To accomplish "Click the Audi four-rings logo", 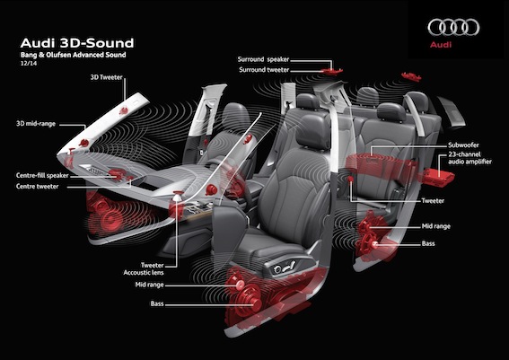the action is (453, 27).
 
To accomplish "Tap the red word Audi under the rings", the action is (441, 45).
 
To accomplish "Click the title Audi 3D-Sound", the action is (77, 43).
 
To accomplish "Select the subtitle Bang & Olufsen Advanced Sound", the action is (73, 55).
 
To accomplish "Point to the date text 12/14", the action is (29, 64).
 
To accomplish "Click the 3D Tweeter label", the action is (107, 77).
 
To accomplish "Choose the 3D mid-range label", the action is (36, 124).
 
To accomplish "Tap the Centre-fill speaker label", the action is (42, 176).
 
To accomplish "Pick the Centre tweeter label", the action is (38, 187).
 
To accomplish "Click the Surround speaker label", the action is (263, 59).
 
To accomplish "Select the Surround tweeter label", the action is (264, 70).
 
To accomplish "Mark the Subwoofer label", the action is (463, 145).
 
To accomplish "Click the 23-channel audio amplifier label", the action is (470, 158).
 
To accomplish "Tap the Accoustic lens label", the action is (144, 273).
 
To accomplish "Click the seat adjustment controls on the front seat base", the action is (285, 267).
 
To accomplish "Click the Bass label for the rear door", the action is (428, 243).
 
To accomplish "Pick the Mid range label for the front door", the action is (149, 285).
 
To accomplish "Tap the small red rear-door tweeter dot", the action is (351, 179).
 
